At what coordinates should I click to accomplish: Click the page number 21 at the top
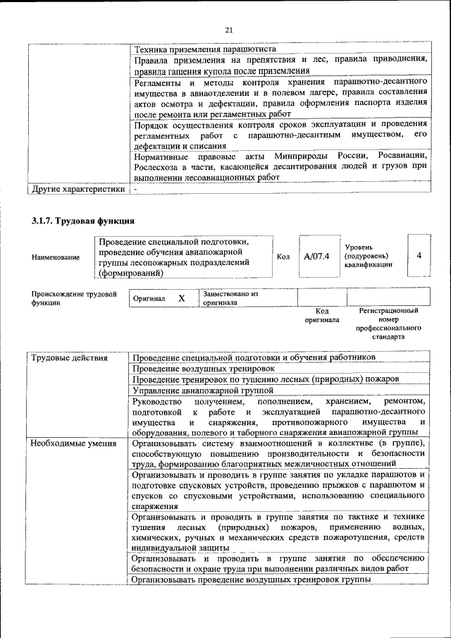pos(228,30)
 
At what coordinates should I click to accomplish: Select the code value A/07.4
pos(316,256)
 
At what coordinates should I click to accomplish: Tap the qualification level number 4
pos(419,255)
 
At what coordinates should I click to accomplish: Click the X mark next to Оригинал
pos(181,298)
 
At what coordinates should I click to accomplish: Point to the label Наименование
pos(56,257)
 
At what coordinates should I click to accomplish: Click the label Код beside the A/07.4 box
pos(283,257)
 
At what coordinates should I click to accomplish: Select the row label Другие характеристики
pos(77,189)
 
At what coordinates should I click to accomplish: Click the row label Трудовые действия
pos(68,357)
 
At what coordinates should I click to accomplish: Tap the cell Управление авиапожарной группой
pos(202,390)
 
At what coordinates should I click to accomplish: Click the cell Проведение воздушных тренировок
pos(204,368)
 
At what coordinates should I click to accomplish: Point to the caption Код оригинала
pos(322,315)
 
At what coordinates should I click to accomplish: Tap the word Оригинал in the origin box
pos(149,299)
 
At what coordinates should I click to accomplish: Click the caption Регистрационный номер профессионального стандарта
pos(388,324)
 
